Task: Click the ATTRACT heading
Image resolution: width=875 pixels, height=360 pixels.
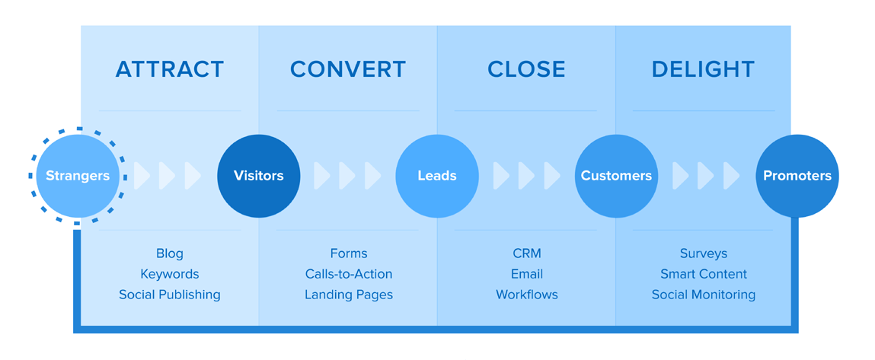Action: coord(170,69)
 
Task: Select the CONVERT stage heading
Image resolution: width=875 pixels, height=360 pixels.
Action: coord(348,69)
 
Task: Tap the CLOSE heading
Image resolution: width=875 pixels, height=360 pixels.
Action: coord(526,69)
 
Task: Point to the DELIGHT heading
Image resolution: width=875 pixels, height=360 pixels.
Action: coord(703,69)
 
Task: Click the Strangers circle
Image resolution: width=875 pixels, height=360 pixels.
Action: coord(78,176)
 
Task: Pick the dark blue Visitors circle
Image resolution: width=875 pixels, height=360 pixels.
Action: coord(258,176)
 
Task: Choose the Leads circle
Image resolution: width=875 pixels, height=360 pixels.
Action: coord(437,176)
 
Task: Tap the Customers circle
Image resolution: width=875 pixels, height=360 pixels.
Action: coord(616,176)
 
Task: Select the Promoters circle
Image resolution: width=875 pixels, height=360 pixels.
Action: coord(797,176)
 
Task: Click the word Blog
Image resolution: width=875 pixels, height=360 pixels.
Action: coord(170,254)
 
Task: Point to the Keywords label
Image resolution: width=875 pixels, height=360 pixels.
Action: coord(170,274)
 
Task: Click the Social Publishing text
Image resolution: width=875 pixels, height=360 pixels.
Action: coord(170,295)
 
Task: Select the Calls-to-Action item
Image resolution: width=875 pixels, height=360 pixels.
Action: coord(349,274)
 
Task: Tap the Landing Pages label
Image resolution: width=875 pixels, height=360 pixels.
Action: coord(349,295)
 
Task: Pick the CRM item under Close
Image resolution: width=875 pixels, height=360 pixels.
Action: coord(527,254)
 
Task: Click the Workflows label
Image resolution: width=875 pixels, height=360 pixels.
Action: coord(527,295)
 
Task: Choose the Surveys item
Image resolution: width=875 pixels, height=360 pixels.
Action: coord(704,254)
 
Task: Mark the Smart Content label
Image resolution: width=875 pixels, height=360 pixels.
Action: coord(704,274)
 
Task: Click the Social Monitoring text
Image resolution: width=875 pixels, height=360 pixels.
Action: coord(704,295)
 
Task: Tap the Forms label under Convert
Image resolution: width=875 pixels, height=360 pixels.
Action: coord(349,254)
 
